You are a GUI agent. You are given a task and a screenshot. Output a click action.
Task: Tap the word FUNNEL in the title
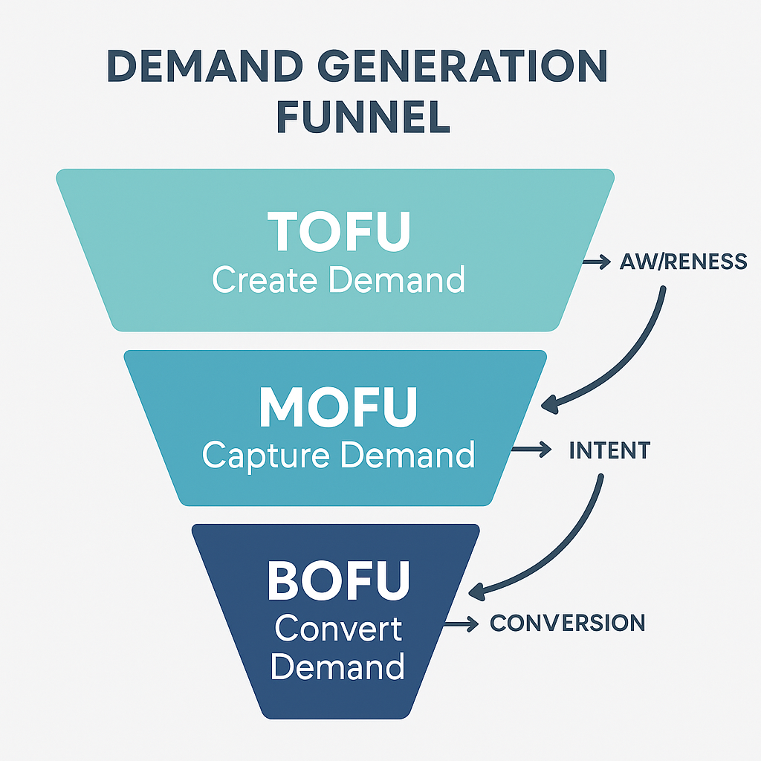363,117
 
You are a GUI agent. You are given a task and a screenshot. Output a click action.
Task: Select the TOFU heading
339,231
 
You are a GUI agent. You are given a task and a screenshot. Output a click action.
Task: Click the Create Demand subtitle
339,280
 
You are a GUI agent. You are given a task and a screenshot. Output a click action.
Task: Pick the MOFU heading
339,406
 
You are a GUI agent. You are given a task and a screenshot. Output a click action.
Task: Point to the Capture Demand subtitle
339,455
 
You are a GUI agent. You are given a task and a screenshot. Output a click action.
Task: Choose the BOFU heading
339,580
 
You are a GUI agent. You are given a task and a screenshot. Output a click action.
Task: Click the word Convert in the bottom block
338,629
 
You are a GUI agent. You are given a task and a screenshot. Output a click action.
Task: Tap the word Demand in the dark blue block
338,667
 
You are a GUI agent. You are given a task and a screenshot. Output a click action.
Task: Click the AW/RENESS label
683,262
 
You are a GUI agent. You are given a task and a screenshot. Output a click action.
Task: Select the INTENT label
609,450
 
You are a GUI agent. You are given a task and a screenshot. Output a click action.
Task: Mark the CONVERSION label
568,623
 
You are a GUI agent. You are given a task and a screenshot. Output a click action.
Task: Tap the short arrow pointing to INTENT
532,450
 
